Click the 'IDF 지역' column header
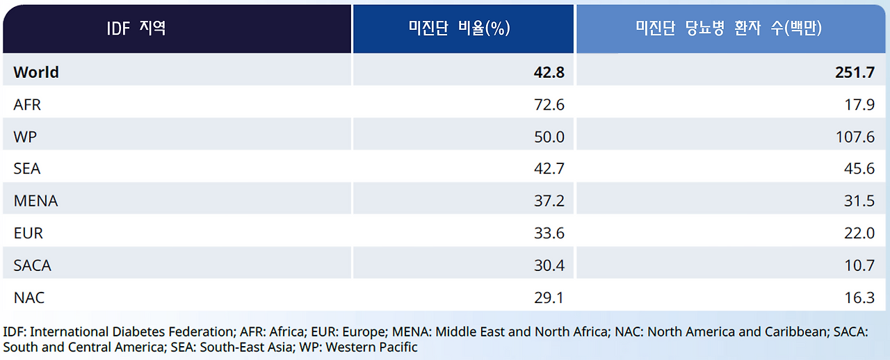136,28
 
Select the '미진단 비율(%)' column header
460,28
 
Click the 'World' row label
36,72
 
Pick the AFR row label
27,104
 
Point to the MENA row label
35,201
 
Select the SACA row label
32,265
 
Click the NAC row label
29,297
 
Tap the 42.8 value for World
549,72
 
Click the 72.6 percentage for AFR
549,104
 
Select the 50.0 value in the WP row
549,137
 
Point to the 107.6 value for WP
855,137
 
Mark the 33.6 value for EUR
549,234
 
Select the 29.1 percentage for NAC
549,297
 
